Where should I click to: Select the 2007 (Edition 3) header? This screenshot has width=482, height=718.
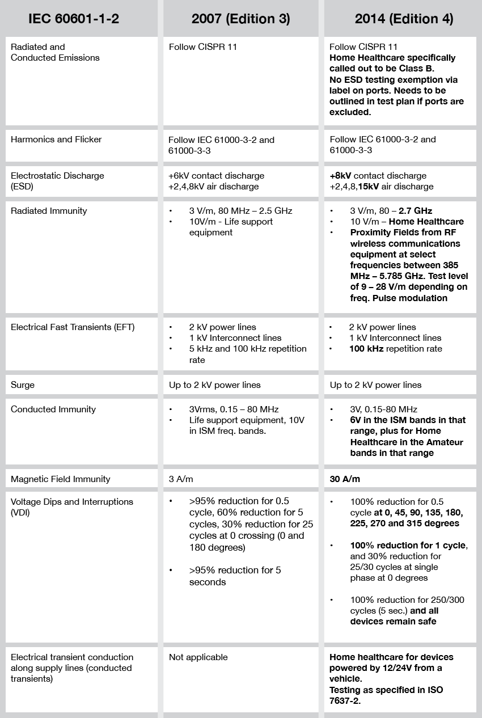click(x=240, y=19)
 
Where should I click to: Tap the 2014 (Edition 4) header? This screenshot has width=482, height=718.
click(x=404, y=19)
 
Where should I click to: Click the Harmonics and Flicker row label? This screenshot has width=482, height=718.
click(x=56, y=140)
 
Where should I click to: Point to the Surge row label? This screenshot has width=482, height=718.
click(x=23, y=385)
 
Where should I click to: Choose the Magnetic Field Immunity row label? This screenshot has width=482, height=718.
click(x=60, y=479)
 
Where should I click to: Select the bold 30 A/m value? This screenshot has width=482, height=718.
click(x=345, y=479)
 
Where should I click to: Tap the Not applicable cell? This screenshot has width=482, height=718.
click(x=198, y=657)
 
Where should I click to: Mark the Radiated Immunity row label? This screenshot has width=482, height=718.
click(x=49, y=211)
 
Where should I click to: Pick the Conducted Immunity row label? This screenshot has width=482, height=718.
click(x=53, y=409)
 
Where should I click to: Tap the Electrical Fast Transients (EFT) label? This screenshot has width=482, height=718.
click(x=73, y=327)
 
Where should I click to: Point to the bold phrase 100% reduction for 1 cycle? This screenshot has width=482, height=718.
click(x=408, y=546)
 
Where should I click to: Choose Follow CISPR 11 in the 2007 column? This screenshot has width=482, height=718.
click(x=203, y=47)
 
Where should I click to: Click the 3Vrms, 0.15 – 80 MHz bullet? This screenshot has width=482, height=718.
click(x=234, y=409)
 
